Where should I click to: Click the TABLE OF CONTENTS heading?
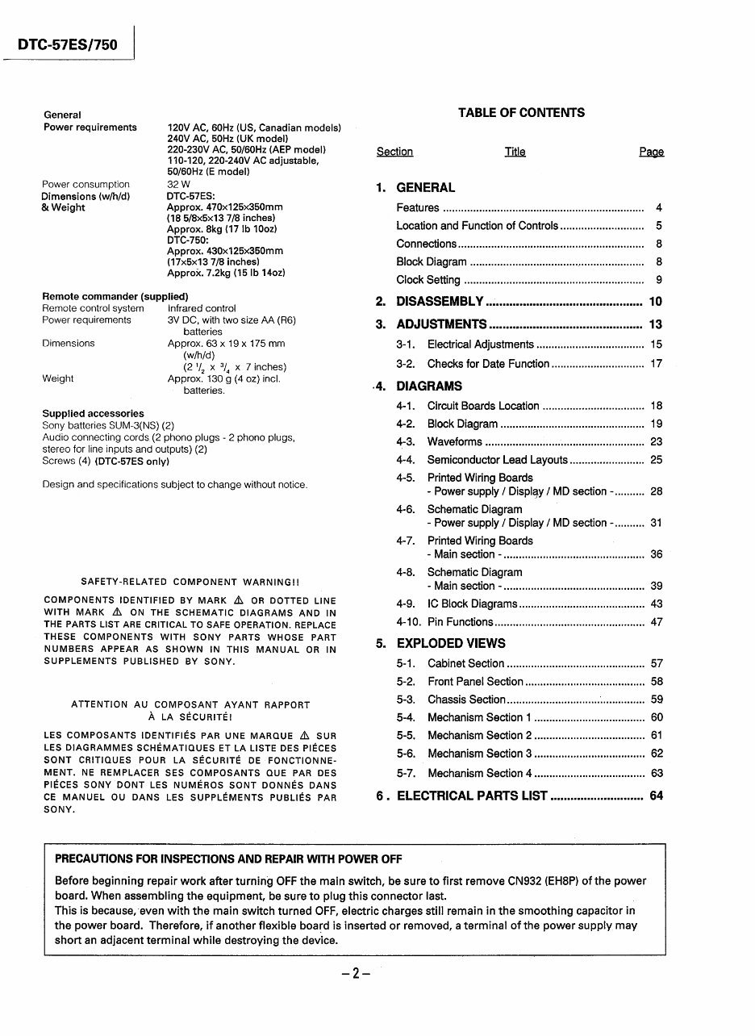tap(521, 113)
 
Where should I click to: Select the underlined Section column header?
tap(394, 152)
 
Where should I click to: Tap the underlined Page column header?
tap(651, 152)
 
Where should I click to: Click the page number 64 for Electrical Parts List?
tap(656, 796)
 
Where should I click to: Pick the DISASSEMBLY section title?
tap(440, 302)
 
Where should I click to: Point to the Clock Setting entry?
tap(428, 280)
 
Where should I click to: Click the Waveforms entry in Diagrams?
tap(454, 442)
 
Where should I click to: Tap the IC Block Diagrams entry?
tap(472, 604)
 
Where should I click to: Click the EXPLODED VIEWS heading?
tap(451, 644)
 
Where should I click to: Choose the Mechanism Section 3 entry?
tap(479, 754)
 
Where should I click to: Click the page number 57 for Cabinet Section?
tap(657, 664)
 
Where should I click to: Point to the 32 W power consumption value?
tap(178, 185)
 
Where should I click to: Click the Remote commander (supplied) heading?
tap(115, 296)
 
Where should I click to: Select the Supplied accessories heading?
tap(93, 414)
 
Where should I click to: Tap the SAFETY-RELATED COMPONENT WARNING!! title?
tap(190, 582)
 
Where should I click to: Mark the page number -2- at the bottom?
tap(355, 973)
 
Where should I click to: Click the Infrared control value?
tap(202, 308)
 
